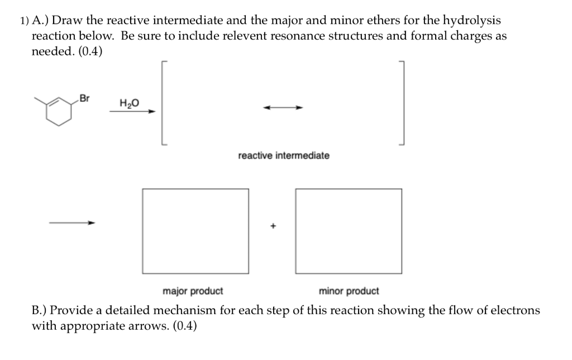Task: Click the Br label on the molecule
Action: (84, 99)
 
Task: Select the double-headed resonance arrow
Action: (284, 108)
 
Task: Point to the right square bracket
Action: (401, 103)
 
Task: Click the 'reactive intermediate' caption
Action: (284, 155)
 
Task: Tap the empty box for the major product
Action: (196, 231)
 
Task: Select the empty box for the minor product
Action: (349, 231)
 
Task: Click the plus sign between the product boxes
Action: (273, 226)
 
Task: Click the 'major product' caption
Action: (193, 291)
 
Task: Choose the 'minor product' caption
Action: (349, 291)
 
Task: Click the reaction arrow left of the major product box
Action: (72, 223)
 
